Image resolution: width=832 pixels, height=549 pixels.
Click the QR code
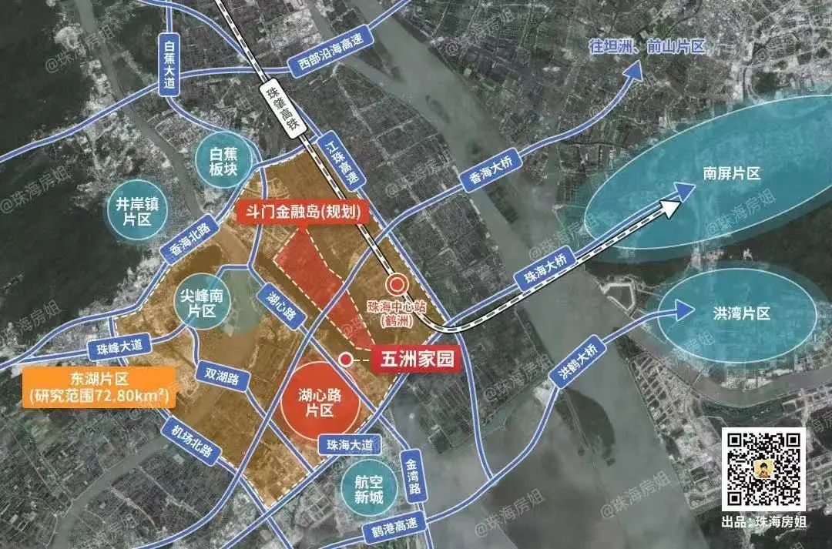(763, 469)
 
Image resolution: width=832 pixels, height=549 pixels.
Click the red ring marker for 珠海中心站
(398, 285)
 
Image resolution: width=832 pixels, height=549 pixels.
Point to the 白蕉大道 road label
(170, 68)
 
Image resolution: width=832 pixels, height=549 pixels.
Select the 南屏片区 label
(730, 174)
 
